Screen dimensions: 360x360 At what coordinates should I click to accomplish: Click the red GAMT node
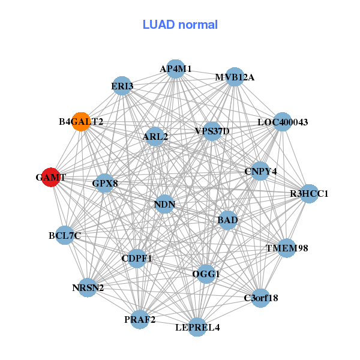click(51, 178)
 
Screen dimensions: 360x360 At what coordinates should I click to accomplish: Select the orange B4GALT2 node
click(81, 122)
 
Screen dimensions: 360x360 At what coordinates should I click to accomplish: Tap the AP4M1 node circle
click(175, 69)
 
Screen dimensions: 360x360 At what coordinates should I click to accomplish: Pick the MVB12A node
click(235, 77)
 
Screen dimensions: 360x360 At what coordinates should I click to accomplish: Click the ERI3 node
click(122, 86)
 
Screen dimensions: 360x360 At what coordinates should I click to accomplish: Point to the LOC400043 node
click(282, 122)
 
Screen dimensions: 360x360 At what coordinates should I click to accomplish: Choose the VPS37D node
click(212, 131)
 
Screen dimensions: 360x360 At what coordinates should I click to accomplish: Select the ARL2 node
click(155, 137)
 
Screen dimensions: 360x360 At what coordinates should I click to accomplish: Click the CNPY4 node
click(260, 172)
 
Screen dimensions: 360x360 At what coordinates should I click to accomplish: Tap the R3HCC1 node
click(309, 194)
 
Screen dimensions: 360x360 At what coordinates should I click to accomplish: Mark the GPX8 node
click(105, 183)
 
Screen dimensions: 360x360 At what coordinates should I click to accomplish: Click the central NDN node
click(164, 205)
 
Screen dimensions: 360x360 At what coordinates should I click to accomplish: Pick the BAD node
click(228, 220)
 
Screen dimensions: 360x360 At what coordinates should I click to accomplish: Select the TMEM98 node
click(287, 248)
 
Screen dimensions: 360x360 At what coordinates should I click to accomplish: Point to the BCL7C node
click(65, 236)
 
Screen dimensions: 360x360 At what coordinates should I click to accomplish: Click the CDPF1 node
click(137, 259)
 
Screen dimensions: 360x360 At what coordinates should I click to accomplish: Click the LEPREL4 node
click(197, 327)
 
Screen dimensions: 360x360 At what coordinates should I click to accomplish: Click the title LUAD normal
click(180, 25)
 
